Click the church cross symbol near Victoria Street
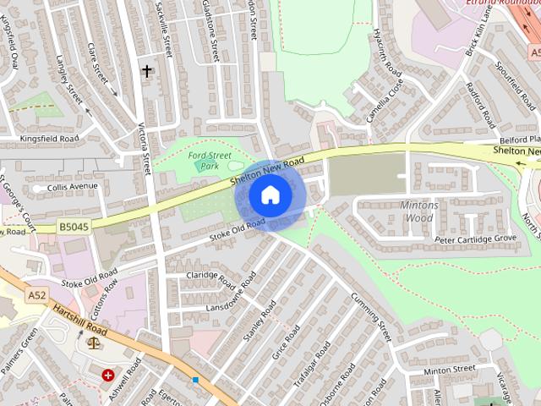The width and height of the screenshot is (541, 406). pyautogui.click(x=147, y=71)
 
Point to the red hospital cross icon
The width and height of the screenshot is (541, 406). pyautogui.click(x=108, y=375)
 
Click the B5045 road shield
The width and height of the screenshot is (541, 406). pyautogui.click(x=74, y=227)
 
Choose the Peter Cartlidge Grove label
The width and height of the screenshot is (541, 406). pyautogui.click(x=474, y=240)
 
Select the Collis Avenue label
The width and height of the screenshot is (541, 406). pyautogui.click(x=73, y=187)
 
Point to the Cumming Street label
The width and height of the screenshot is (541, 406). pyautogui.click(x=372, y=316)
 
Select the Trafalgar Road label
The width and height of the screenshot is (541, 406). pyautogui.click(x=313, y=364)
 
